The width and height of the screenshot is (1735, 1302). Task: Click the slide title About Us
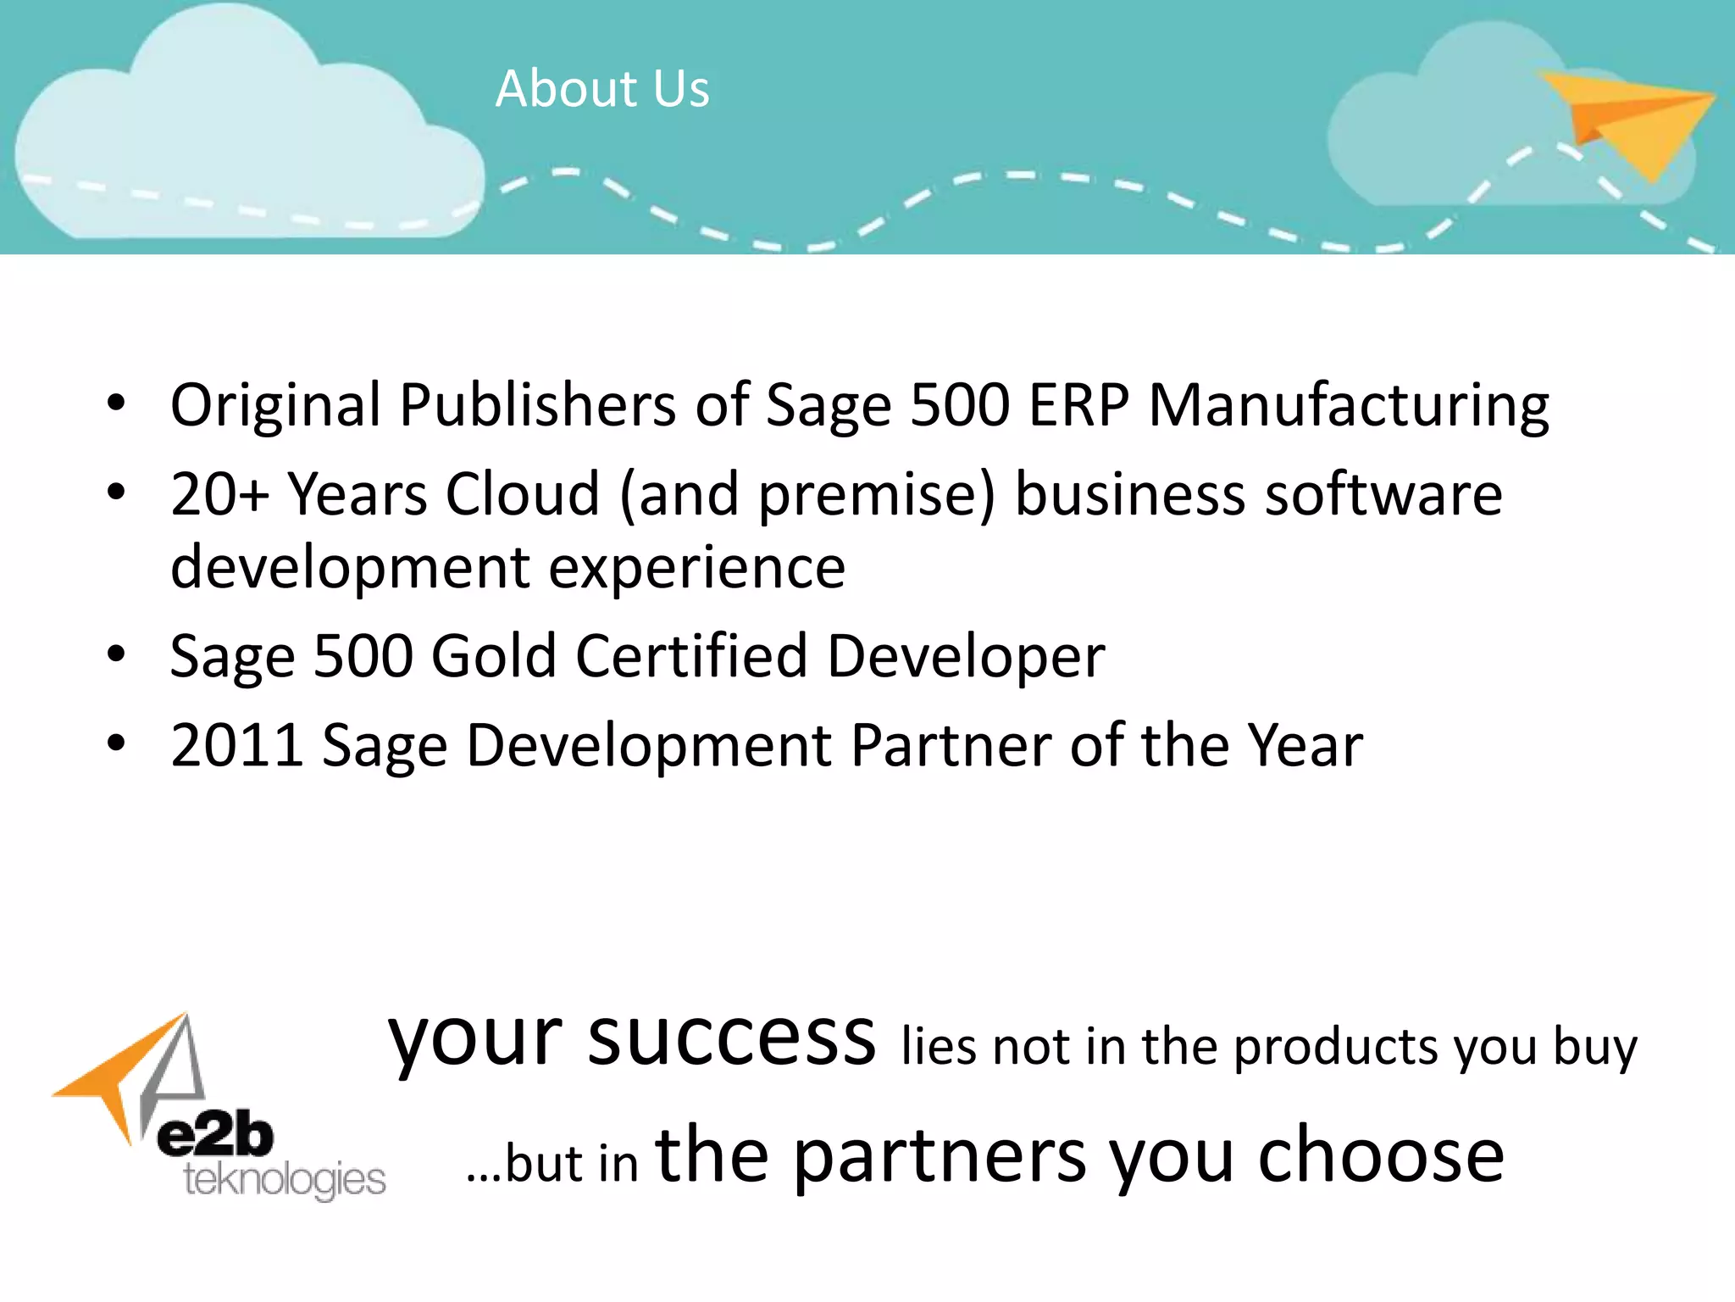tap(602, 88)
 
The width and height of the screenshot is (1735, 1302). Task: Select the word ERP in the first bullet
tap(1078, 405)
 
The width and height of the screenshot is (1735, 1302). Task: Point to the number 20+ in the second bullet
tap(219, 494)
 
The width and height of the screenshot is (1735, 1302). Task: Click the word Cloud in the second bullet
tap(523, 494)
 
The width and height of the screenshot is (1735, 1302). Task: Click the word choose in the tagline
tap(1381, 1156)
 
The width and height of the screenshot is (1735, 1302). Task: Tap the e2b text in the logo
tap(215, 1137)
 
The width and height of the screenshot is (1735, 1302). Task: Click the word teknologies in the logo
tap(285, 1180)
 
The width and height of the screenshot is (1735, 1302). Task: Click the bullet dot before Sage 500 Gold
tap(116, 654)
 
